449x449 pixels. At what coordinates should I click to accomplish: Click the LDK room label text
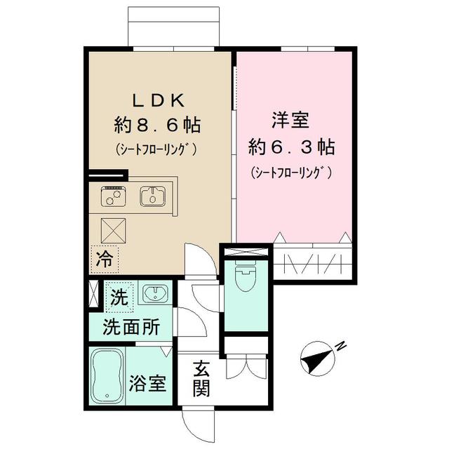tap(158, 100)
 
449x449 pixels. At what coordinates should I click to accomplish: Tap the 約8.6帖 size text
tap(157, 125)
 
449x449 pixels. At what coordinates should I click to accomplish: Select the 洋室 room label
tap(290, 120)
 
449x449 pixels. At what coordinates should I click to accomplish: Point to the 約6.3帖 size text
tap(291, 147)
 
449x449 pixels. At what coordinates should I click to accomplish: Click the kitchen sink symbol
tap(153, 196)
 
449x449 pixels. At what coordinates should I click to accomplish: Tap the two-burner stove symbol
tap(113, 196)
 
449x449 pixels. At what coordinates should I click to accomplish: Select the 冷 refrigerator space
tap(104, 259)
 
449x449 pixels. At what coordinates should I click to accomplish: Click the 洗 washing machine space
tap(119, 297)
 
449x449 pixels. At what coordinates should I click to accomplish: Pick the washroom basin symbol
tap(154, 293)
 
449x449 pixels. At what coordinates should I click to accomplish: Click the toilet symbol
tap(246, 276)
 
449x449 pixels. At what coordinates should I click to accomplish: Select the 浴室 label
tap(147, 384)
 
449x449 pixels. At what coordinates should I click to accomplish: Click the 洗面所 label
tap(131, 327)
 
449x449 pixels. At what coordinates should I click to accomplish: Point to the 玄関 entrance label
tap(201, 379)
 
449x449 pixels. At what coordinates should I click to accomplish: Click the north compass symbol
tap(318, 358)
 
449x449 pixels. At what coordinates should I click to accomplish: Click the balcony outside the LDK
tap(174, 27)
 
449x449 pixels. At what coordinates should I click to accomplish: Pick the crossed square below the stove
tap(113, 231)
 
